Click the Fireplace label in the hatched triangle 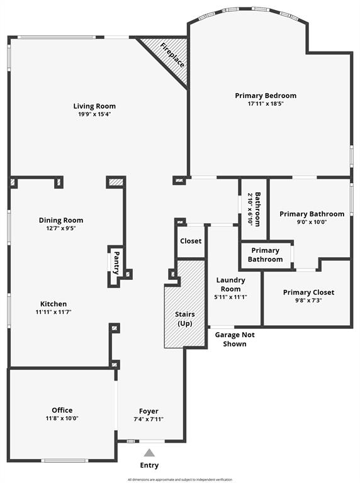172,55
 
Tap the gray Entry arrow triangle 149,453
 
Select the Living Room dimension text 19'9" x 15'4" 94,114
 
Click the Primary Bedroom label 266,96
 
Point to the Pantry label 116,263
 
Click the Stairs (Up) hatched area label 185,319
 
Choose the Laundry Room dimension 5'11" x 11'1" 230,297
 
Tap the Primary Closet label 308,292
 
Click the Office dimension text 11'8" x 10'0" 62,418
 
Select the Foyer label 149,411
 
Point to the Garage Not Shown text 235,340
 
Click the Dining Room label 61,220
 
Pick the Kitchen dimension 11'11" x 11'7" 53,312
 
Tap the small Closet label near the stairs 191,241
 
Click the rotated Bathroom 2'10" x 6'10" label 254,209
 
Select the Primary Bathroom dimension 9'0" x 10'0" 312,222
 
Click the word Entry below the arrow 149,465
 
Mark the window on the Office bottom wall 65,460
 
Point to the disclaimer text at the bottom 180,480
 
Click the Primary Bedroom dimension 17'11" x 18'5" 266,104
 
